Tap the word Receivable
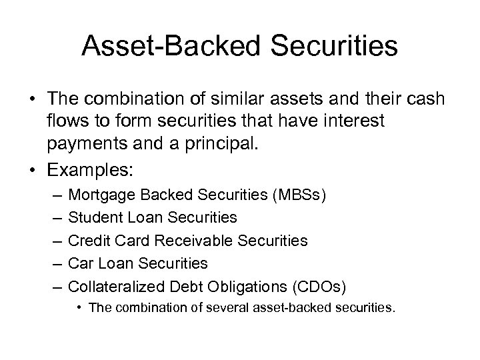[190, 241]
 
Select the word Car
[80, 263]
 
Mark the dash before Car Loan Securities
[56, 263]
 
